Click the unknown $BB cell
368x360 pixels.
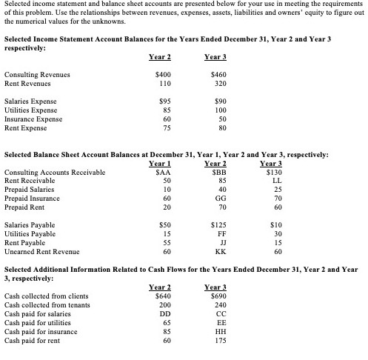[217, 173]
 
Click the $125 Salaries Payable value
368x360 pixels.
[217, 224]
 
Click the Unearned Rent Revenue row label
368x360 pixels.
[41, 252]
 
